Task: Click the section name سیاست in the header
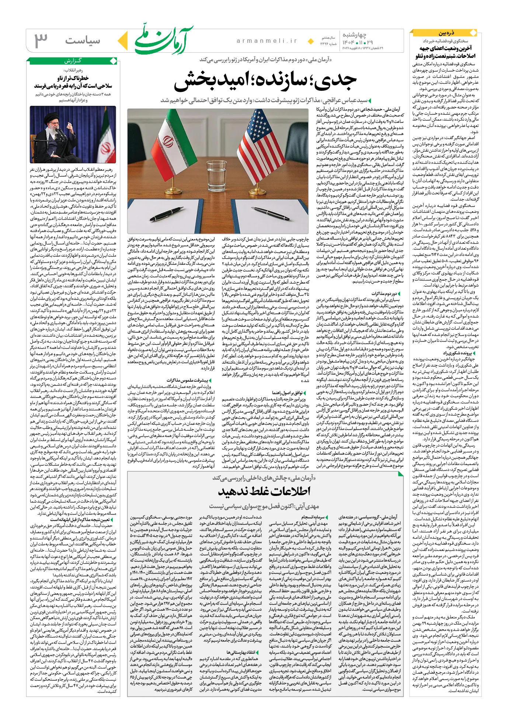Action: pyautogui.click(x=83, y=41)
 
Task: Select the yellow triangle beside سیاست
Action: pyautogui.click(x=124, y=41)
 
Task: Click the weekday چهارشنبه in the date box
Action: pyautogui.click(x=354, y=35)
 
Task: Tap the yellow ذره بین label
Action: pyautogui.click(x=446, y=33)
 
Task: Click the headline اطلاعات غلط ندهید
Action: pyautogui.click(x=264, y=491)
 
